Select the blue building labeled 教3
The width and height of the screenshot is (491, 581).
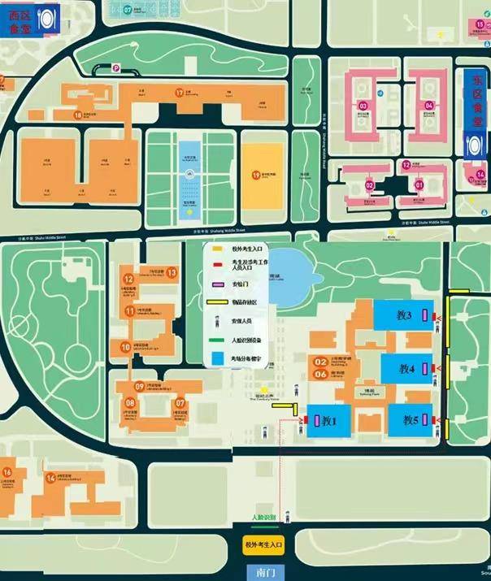[399, 314]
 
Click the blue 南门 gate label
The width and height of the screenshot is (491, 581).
[265, 572]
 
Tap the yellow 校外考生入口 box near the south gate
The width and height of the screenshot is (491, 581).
[264, 545]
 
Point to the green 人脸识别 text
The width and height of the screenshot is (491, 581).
[265, 518]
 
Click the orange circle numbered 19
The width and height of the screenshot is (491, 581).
[255, 175]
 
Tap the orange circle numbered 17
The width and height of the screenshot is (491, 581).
[180, 93]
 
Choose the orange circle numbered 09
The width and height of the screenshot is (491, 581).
[140, 387]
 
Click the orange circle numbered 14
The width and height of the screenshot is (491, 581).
[50, 478]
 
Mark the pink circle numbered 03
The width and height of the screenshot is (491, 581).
[363, 106]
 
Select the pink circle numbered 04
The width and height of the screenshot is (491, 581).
[428, 106]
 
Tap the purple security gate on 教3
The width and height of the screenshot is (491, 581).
[423, 314]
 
